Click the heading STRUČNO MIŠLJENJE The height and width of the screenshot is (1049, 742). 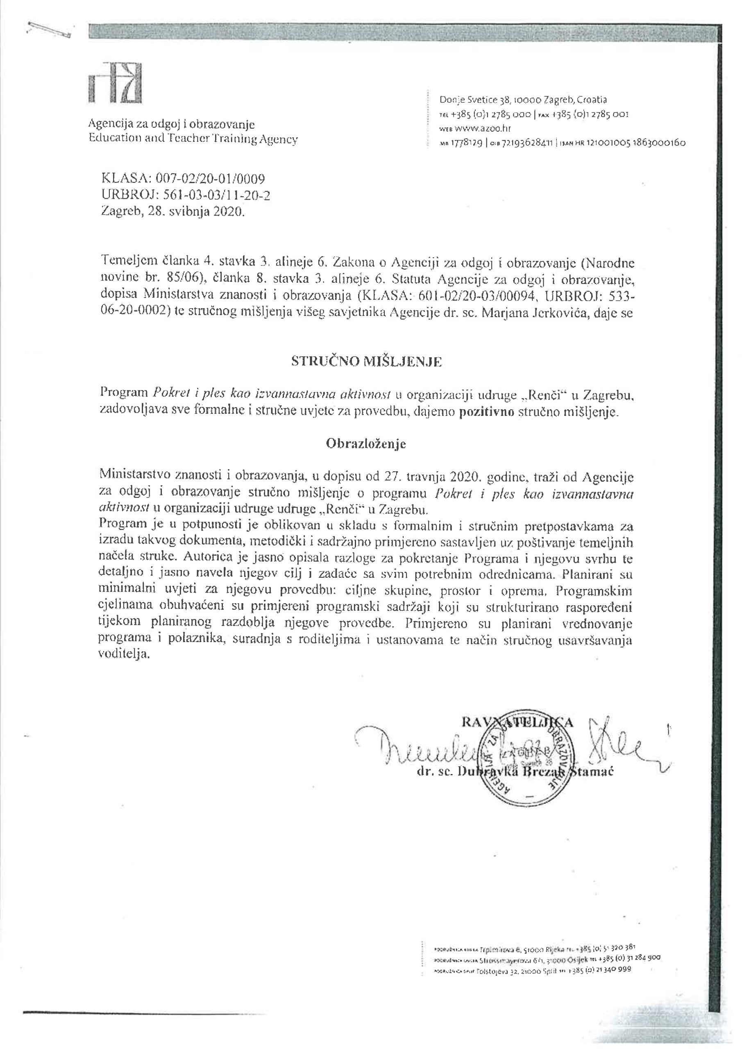click(367, 362)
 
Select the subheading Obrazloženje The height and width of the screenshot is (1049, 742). click(365, 444)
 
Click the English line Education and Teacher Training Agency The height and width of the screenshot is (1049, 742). click(193, 139)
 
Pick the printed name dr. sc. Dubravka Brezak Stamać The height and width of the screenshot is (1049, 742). click(515, 772)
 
